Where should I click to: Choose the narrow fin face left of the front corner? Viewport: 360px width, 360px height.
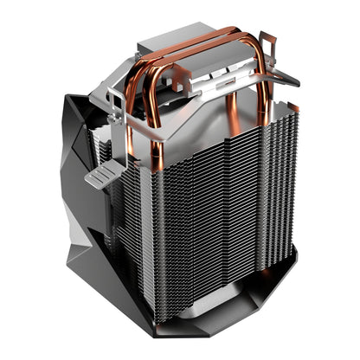pyautogui.click(x=134, y=225)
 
